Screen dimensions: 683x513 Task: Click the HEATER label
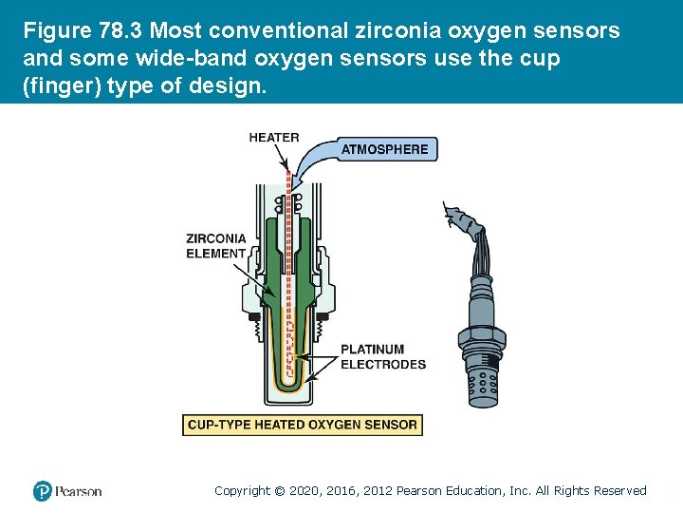click(x=273, y=138)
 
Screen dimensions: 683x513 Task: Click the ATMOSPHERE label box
click(x=384, y=149)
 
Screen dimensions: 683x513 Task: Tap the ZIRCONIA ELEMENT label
click(x=216, y=246)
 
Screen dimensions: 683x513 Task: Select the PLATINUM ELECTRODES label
click(x=383, y=356)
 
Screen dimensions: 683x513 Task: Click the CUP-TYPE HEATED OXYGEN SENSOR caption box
click(x=303, y=425)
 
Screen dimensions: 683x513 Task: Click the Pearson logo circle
click(x=42, y=491)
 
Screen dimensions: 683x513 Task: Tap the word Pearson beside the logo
click(x=78, y=491)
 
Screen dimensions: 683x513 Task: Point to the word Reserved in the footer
click(x=619, y=491)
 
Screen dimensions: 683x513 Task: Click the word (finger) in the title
click(x=60, y=86)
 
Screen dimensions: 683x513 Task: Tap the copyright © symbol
click(x=280, y=491)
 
